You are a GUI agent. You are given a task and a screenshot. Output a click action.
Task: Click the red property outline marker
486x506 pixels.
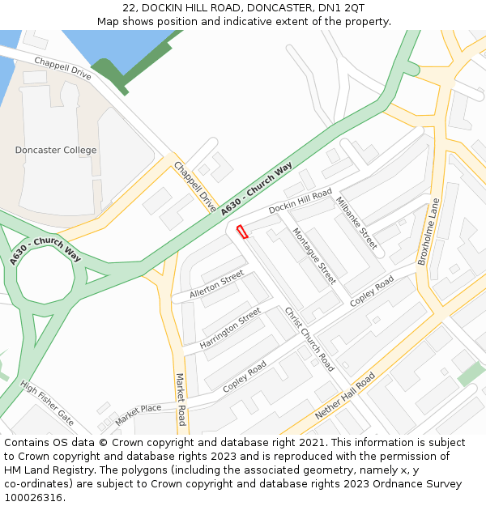pos(241,232)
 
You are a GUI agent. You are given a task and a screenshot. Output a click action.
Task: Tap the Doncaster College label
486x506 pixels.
pos(55,151)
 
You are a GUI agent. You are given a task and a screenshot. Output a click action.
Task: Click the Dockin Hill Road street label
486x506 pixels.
pos(301,201)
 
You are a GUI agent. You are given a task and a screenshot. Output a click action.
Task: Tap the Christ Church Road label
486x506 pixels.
pos(309,339)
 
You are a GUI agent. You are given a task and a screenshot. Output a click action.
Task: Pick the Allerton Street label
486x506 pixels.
pos(216,285)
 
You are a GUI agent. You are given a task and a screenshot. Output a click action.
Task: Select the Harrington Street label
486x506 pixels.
pos(230,329)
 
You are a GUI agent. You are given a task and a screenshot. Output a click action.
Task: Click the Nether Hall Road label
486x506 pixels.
pos(345,396)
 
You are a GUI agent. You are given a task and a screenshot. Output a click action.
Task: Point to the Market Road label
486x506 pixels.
pos(181,399)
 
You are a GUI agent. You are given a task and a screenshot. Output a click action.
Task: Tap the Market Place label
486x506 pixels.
pos(138,414)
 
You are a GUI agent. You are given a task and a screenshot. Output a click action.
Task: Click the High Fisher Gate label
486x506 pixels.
pos(47,403)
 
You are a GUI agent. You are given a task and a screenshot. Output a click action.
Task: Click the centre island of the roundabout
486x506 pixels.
pos(45,277)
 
